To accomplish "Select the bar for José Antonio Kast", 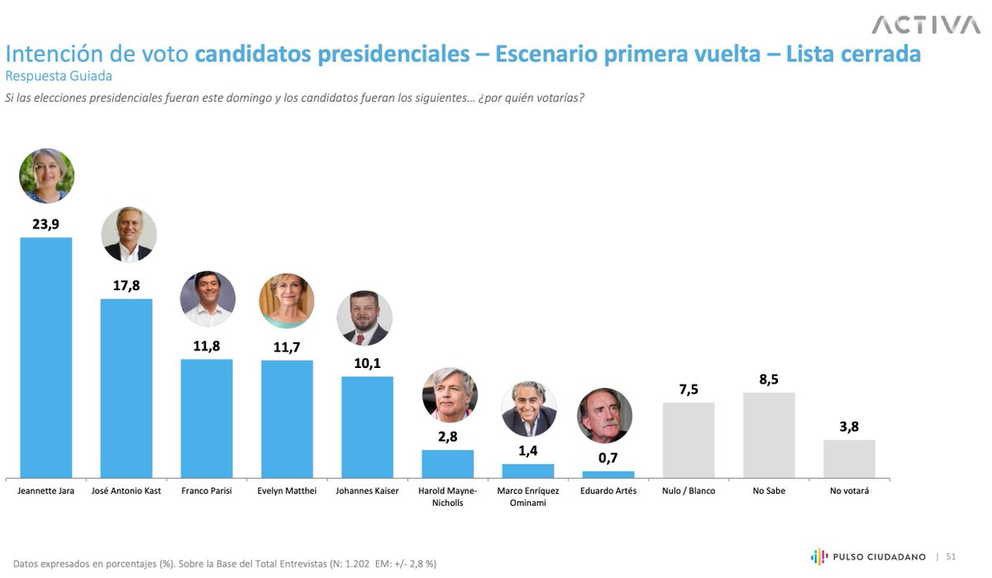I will (x=126, y=388).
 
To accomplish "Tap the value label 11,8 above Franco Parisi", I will (x=207, y=345).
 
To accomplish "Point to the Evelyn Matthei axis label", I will (x=287, y=490).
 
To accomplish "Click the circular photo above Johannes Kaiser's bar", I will (x=365, y=318).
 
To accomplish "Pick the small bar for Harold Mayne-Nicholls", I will (x=447, y=464).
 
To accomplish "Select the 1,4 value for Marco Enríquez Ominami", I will (x=528, y=450).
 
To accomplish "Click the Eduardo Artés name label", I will (x=608, y=490).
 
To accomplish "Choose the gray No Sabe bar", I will (x=769, y=435).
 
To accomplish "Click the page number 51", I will (x=951, y=557).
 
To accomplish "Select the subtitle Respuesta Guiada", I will (x=58, y=76).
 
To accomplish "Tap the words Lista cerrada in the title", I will (x=853, y=54).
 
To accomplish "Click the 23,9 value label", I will (x=46, y=223).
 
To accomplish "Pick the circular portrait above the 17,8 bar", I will (x=128, y=234).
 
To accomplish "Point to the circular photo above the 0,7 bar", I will (x=604, y=415).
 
